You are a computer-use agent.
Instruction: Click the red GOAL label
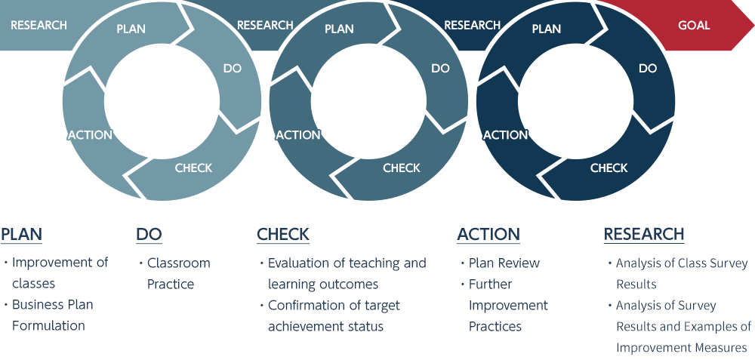pos(694,25)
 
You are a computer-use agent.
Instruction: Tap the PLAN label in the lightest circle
pos(131,29)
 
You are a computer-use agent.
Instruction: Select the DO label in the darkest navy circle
pos(648,69)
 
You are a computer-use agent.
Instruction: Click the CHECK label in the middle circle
pos(402,168)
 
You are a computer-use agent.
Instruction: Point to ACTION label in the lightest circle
pos(90,135)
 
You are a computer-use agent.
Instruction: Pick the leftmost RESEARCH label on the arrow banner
pos(39,25)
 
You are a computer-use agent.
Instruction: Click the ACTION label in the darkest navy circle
pos(506,135)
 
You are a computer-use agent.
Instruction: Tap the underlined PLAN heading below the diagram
pos(22,235)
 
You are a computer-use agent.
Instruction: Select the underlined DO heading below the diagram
pos(149,235)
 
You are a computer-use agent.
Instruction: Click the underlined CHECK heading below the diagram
pos(283,235)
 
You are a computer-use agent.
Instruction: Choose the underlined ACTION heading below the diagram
pos(488,235)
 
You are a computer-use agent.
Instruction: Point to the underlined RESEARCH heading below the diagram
pos(644,235)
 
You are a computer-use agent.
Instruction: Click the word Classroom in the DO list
pos(179,263)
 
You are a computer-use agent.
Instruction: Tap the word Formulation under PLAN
pos(48,326)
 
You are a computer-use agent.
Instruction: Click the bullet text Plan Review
pos(504,263)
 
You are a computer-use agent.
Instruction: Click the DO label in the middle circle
pos(440,69)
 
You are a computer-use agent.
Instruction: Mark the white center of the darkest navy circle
pos(575,101)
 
